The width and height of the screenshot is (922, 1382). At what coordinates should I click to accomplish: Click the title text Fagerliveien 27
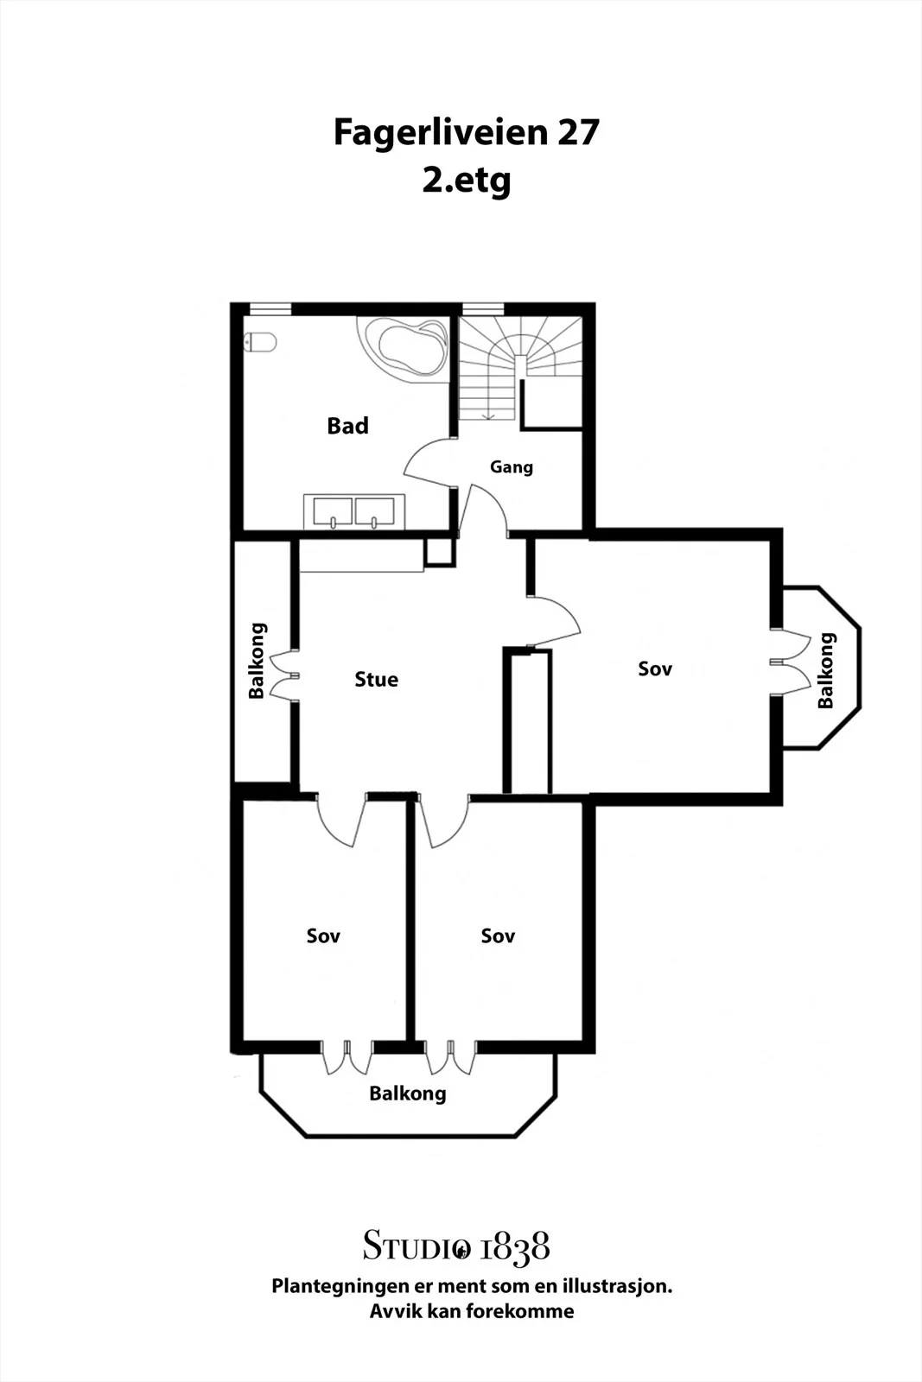coord(466,131)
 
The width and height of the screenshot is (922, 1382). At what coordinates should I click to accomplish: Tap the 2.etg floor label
coord(467,181)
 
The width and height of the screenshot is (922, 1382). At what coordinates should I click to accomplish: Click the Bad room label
coord(347,426)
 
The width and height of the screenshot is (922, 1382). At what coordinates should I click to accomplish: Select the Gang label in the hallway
coord(511,467)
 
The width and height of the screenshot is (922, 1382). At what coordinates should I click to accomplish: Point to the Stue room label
coord(377,679)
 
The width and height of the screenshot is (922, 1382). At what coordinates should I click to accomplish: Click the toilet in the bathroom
coord(260,342)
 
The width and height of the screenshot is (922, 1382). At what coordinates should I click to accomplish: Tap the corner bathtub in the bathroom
coord(403,349)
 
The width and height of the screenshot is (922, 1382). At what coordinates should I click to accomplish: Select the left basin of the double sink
coord(333,512)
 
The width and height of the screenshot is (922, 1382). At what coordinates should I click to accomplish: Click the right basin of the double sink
coord(375,512)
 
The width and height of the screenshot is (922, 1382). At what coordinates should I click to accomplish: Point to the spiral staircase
coord(520,369)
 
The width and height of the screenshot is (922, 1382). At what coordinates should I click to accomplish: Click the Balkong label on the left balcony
coord(257,661)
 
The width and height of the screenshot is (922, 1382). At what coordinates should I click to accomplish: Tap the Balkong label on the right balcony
coord(826,670)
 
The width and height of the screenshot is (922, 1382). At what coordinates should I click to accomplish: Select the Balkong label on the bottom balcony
coord(407,1094)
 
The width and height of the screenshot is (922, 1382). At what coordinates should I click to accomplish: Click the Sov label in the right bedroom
coord(655,669)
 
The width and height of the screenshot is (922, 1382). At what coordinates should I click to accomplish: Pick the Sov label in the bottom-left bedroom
coord(323,936)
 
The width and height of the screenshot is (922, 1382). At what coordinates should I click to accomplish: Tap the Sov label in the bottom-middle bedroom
coord(498,936)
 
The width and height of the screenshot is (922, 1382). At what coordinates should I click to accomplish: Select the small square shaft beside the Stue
coord(440,552)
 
